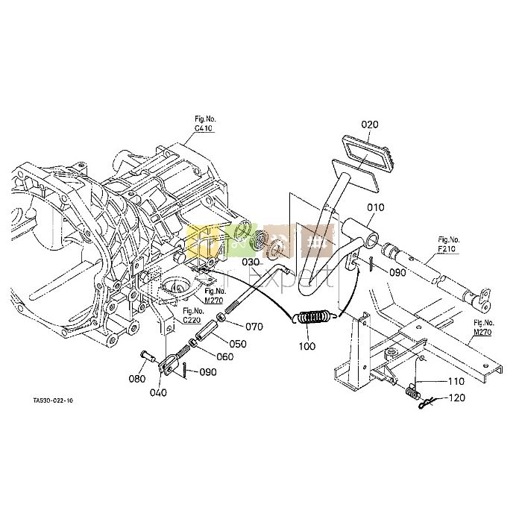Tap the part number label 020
371,124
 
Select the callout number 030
251,262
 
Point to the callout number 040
158,393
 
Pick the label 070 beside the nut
254,327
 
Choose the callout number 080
136,378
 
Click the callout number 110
456,381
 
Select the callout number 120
456,399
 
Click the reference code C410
204,129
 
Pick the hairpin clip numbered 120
426,403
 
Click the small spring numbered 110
412,391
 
